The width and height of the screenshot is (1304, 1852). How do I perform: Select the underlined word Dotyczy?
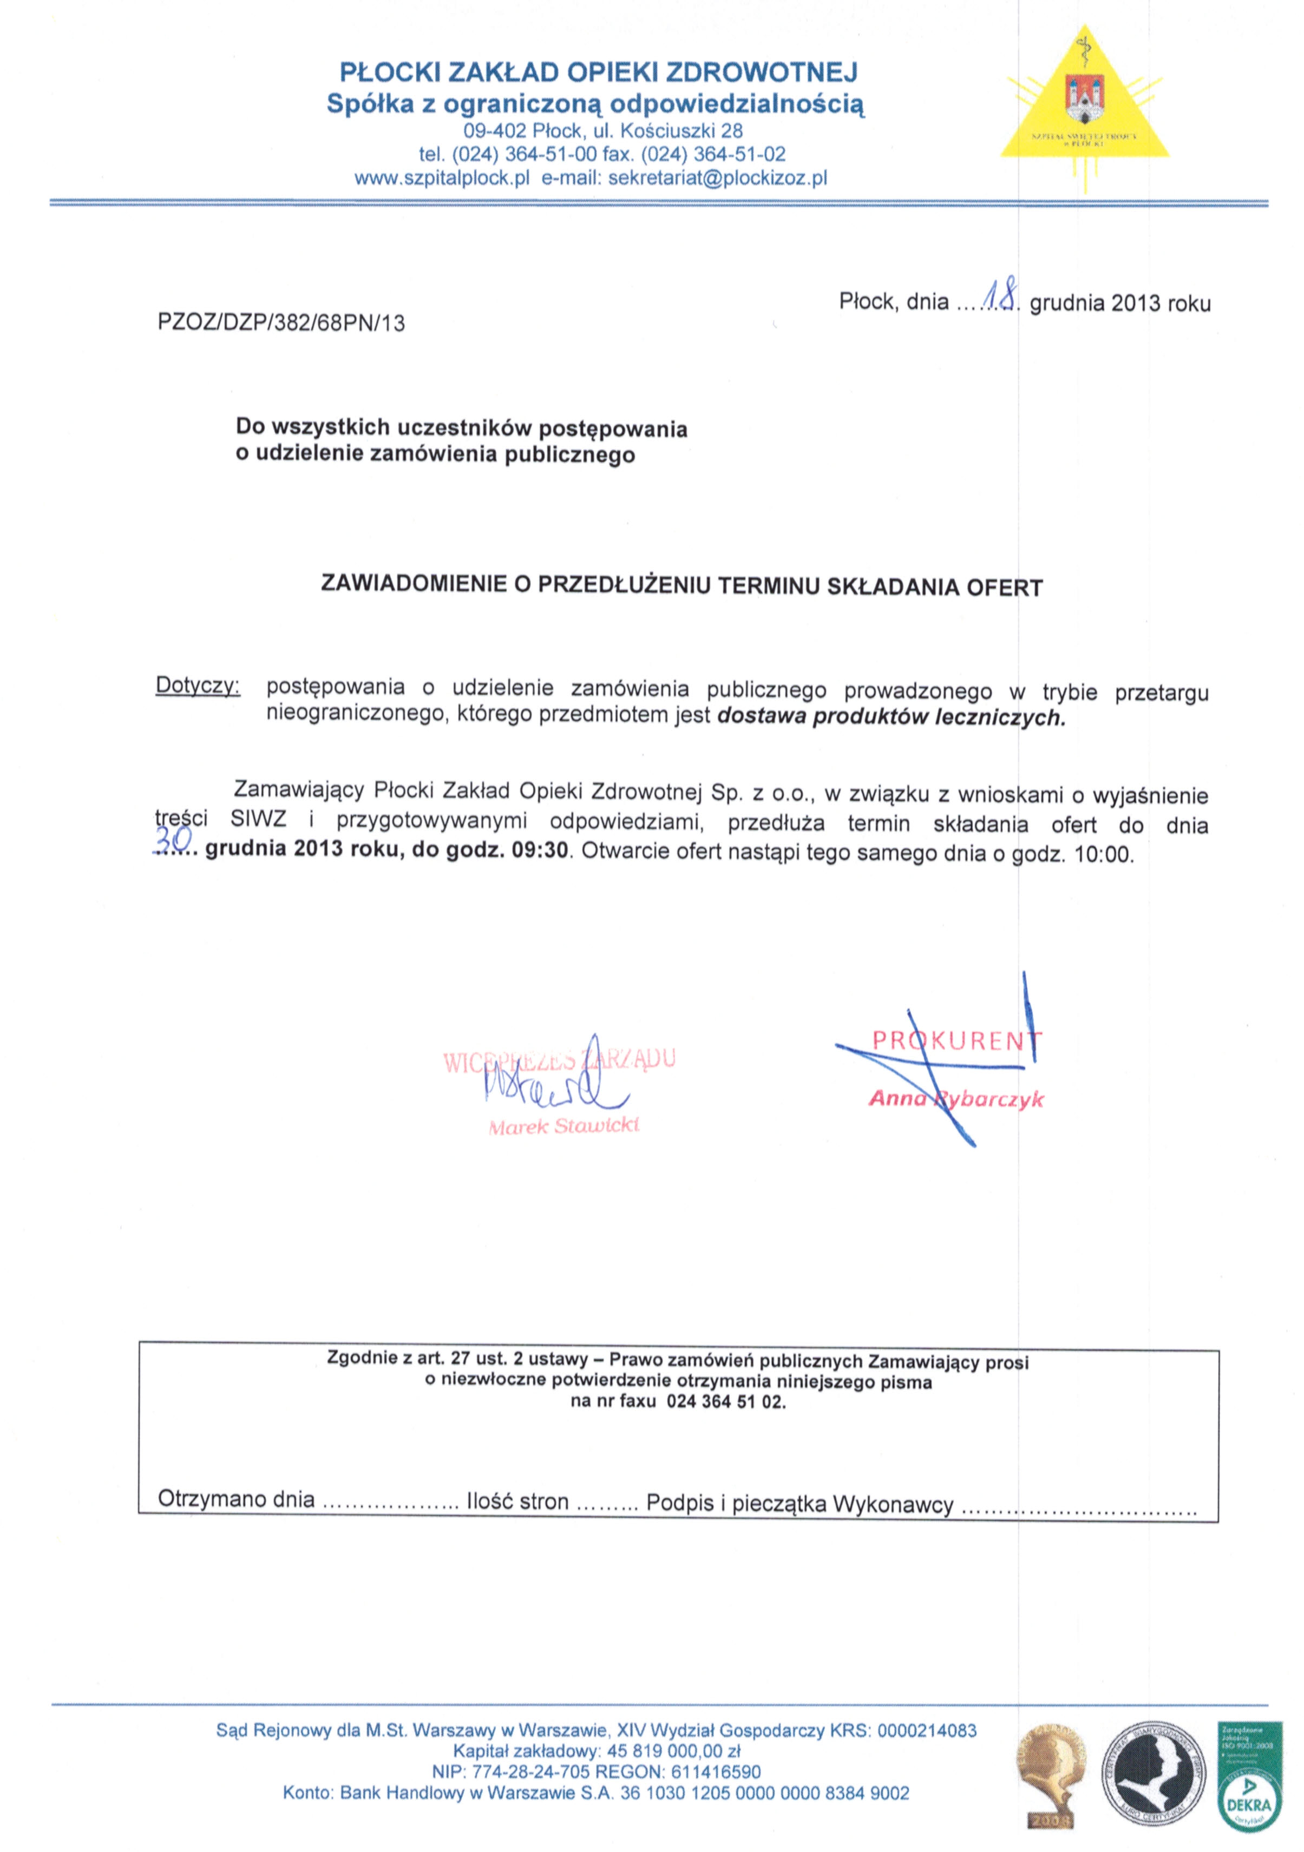(x=197, y=687)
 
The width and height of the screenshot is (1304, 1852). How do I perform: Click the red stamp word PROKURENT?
(x=956, y=1040)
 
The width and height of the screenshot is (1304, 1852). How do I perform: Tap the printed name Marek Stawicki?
(x=563, y=1126)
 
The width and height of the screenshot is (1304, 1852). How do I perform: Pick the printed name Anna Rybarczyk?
(x=956, y=1099)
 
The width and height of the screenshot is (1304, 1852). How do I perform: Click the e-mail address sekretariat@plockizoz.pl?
(x=717, y=178)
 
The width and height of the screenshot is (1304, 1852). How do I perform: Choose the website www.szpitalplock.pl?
(x=441, y=178)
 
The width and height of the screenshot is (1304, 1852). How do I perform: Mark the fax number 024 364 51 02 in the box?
(x=725, y=1401)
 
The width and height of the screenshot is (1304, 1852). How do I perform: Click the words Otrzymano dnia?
(x=235, y=1499)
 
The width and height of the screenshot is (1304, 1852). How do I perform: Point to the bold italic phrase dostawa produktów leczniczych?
(x=891, y=716)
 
